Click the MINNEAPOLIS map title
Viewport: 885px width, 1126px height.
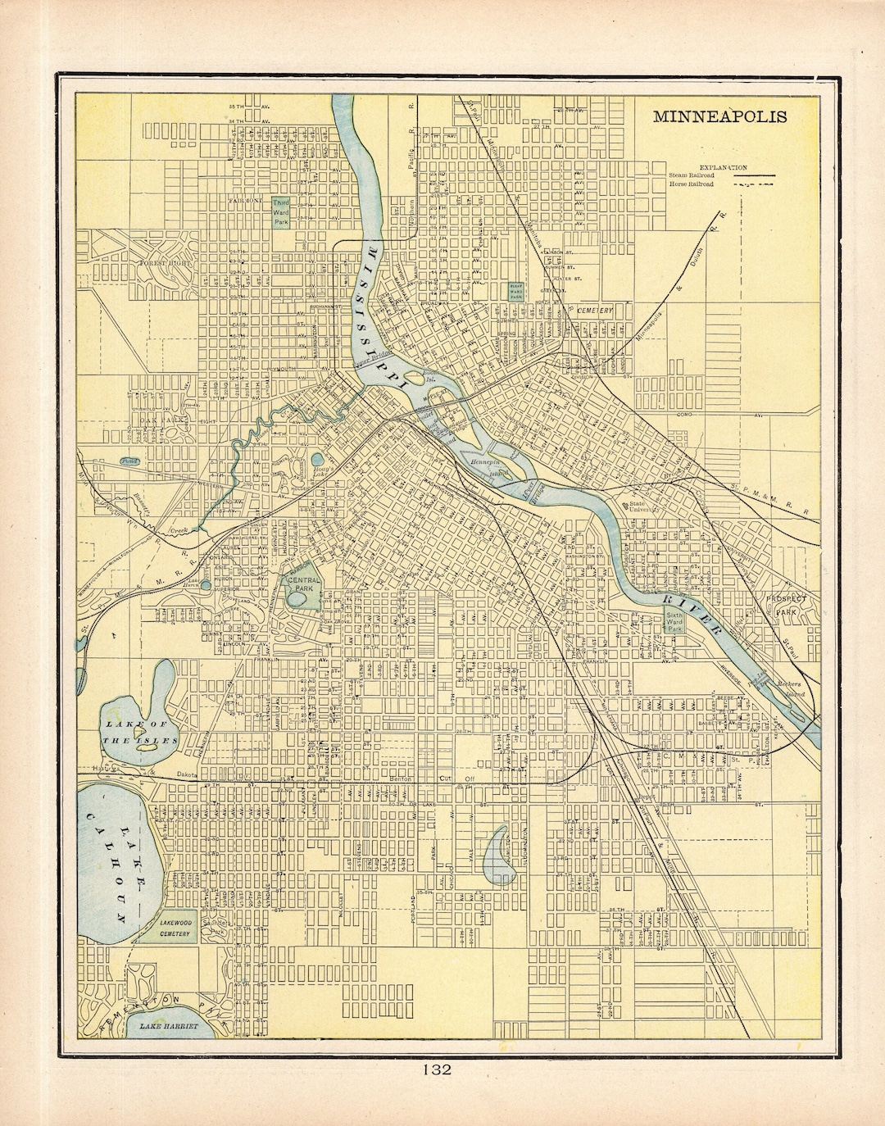(x=719, y=116)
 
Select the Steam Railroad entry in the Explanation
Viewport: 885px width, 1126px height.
(x=692, y=175)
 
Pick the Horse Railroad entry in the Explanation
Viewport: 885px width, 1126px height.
(x=691, y=184)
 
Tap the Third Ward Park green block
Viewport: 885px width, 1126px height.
(x=281, y=211)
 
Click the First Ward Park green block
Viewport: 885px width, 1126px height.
(x=516, y=291)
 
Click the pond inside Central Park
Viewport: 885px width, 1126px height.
(x=298, y=600)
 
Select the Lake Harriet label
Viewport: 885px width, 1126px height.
(x=169, y=1026)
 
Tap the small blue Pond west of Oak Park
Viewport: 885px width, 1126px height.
(x=130, y=461)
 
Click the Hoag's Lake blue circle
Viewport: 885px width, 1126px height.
(x=317, y=461)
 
